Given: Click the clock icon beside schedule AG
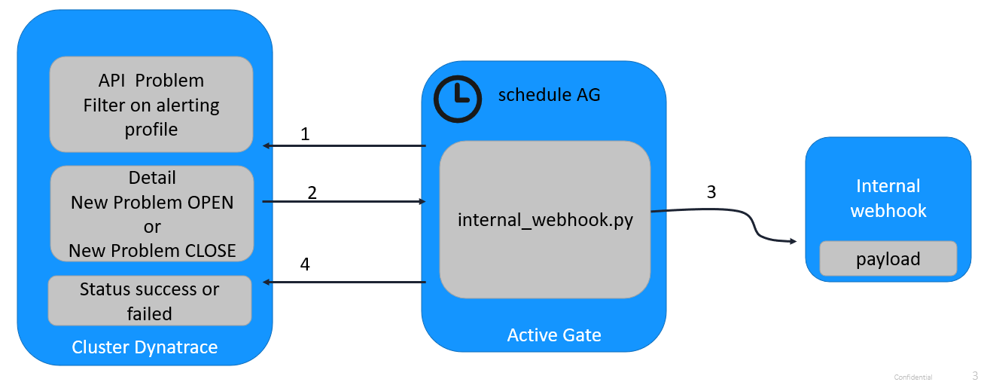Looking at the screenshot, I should (457, 99).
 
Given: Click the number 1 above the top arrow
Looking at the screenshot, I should (305, 134).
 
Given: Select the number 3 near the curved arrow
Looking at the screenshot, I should (711, 191).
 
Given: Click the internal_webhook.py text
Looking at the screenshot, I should (545, 220).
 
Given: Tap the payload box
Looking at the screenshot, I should (888, 258).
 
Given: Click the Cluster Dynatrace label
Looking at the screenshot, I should (145, 347).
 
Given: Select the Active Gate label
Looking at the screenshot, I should (554, 335).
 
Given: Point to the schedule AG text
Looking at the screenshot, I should (549, 95).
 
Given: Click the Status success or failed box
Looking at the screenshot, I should (149, 301).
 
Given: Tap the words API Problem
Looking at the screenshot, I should (151, 80).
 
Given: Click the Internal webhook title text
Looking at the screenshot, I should (888, 198).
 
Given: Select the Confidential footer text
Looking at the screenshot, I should (912, 377).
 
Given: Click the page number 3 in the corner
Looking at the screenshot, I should (975, 375).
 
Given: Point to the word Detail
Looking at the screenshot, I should (152, 178).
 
